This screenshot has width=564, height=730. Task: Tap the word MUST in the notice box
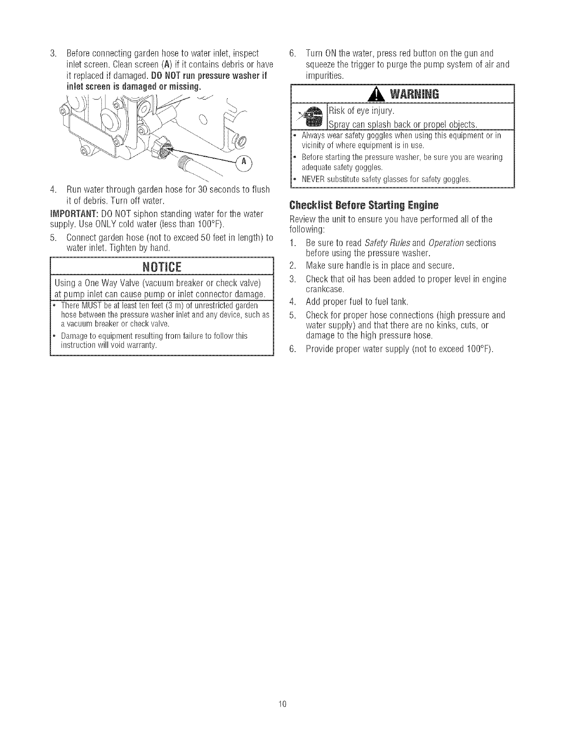point(89,306)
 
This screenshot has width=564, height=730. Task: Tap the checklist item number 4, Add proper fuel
point(291,302)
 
